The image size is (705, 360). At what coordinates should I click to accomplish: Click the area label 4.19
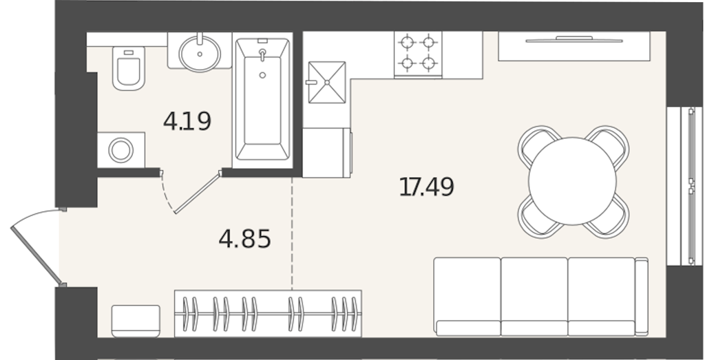click(x=187, y=121)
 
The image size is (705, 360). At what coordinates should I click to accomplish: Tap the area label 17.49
click(x=427, y=187)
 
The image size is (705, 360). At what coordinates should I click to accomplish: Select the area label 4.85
click(x=245, y=239)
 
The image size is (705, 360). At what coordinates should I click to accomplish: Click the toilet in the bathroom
click(x=129, y=68)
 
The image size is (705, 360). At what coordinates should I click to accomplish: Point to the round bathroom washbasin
click(x=200, y=53)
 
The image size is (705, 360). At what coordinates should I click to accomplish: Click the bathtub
click(x=262, y=99)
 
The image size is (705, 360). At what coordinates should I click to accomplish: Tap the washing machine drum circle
click(x=121, y=150)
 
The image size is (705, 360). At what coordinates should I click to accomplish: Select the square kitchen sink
click(x=327, y=82)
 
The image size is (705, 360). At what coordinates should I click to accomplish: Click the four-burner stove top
click(x=418, y=54)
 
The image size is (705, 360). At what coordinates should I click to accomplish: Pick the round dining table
click(x=572, y=181)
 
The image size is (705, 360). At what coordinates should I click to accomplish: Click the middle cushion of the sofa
click(x=534, y=296)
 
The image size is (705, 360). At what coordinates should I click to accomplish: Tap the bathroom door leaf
click(x=198, y=192)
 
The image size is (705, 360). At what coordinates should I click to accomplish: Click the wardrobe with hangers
click(x=268, y=313)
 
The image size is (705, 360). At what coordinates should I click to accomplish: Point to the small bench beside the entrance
click(x=136, y=321)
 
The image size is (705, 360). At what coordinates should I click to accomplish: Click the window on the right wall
click(x=685, y=186)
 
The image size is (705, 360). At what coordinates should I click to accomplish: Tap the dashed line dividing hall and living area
click(x=292, y=233)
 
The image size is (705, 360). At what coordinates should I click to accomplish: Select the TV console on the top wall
click(x=574, y=46)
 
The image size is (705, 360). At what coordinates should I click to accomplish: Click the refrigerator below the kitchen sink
click(x=326, y=152)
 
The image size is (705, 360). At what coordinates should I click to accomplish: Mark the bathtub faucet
click(x=262, y=54)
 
